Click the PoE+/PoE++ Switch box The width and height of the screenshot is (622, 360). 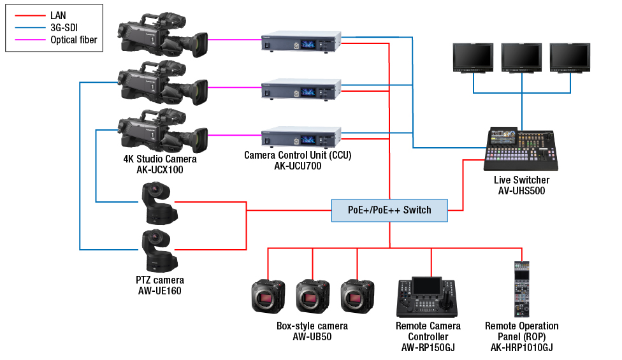click(x=389, y=210)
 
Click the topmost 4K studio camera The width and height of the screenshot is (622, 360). click(x=163, y=34)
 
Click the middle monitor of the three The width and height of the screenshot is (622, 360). click(x=521, y=58)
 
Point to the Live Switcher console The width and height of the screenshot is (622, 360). click(x=521, y=148)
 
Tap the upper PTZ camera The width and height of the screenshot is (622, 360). click(x=159, y=203)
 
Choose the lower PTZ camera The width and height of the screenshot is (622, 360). click(x=159, y=250)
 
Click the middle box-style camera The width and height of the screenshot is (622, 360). click(x=312, y=296)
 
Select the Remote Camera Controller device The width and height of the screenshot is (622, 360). click(x=427, y=297)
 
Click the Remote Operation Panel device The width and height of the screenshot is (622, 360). click(x=522, y=289)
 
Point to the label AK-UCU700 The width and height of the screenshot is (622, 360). click(x=298, y=166)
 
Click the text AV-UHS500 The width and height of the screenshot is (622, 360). click(x=522, y=191)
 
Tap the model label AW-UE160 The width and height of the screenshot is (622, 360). click(x=160, y=291)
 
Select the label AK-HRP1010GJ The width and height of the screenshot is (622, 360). click(x=522, y=348)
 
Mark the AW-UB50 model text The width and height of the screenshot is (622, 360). click(x=312, y=336)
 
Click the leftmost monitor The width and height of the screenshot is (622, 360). click(x=473, y=58)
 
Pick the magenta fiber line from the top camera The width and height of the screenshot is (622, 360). click(x=235, y=40)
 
